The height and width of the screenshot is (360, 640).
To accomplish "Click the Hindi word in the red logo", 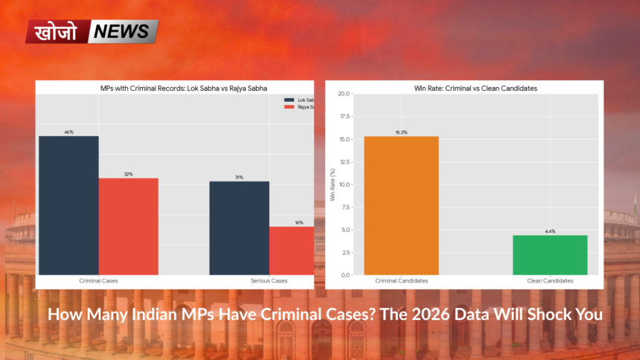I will click(x=57, y=32).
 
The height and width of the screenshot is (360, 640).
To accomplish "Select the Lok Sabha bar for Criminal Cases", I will click(x=68, y=205).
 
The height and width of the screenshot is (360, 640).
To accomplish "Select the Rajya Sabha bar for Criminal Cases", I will click(x=128, y=226).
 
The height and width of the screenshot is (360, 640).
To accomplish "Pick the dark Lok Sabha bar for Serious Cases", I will click(x=239, y=228).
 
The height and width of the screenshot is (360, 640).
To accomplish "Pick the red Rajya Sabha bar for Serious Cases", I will click(x=292, y=251).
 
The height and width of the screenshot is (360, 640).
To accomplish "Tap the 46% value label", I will click(x=68, y=132).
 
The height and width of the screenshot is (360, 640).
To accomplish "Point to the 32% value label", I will click(x=128, y=174).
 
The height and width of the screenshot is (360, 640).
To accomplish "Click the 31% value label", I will click(x=239, y=177).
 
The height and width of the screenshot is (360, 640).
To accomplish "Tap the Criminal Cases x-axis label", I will click(x=98, y=281).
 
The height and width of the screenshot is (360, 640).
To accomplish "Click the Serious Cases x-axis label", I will click(x=269, y=281).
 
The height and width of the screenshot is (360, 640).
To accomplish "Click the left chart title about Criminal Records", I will click(x=174, y=88).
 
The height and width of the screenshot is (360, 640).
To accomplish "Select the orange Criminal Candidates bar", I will click(x=401, y=205).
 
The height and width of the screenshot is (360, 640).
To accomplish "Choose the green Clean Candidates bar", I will click(x=550, y=255).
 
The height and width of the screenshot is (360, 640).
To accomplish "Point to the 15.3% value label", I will click(x=401, y=132).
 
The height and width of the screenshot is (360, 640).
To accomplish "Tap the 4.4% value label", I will click(x=550, y=231).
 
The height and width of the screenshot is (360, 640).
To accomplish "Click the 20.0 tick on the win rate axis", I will click(x=343, y=94).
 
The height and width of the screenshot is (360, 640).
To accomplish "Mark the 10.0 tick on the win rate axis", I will click(x=343, y=184).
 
